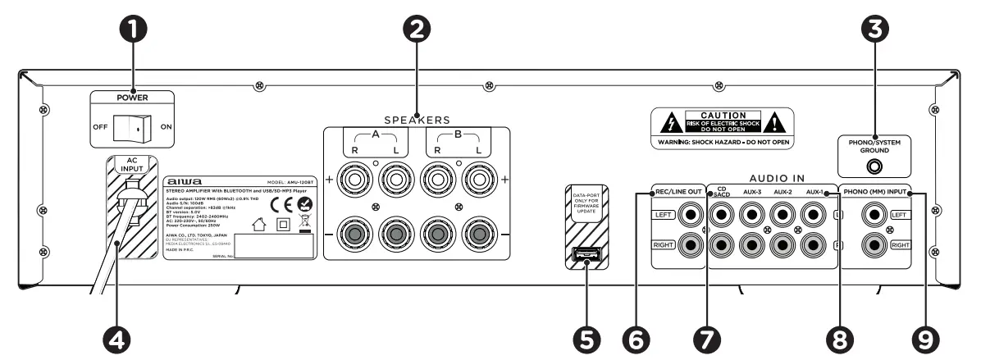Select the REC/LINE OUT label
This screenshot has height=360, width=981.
coord(678,193)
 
